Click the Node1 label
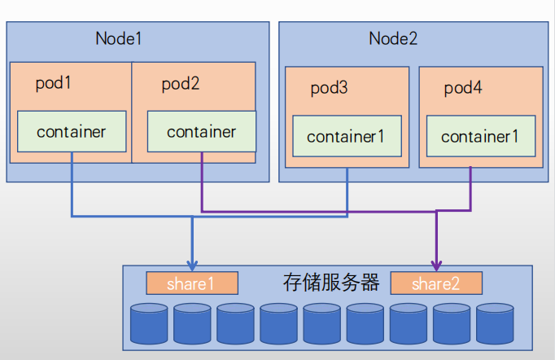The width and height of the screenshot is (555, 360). [x=119, y=37]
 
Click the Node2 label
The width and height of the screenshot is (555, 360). [x=393, y=37]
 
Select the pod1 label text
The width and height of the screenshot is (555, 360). [x=54, y=83]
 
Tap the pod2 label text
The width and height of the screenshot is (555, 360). [x=180, y=83]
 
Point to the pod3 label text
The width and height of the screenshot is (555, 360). [x=329, y=88]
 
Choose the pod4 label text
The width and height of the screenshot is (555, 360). [x=463, y=88]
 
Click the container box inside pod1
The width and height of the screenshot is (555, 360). [x=72, y=131]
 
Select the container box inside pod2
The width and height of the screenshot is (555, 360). [x=201, y=131]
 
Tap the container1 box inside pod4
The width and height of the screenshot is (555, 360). [x=480, y=136]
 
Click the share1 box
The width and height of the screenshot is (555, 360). [x=191, y=283]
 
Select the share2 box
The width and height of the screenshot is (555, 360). [x=436, y=283]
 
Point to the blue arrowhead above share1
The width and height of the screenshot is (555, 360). [x=192, y=265]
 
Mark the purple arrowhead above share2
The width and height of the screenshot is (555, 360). [x=436, y=265]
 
